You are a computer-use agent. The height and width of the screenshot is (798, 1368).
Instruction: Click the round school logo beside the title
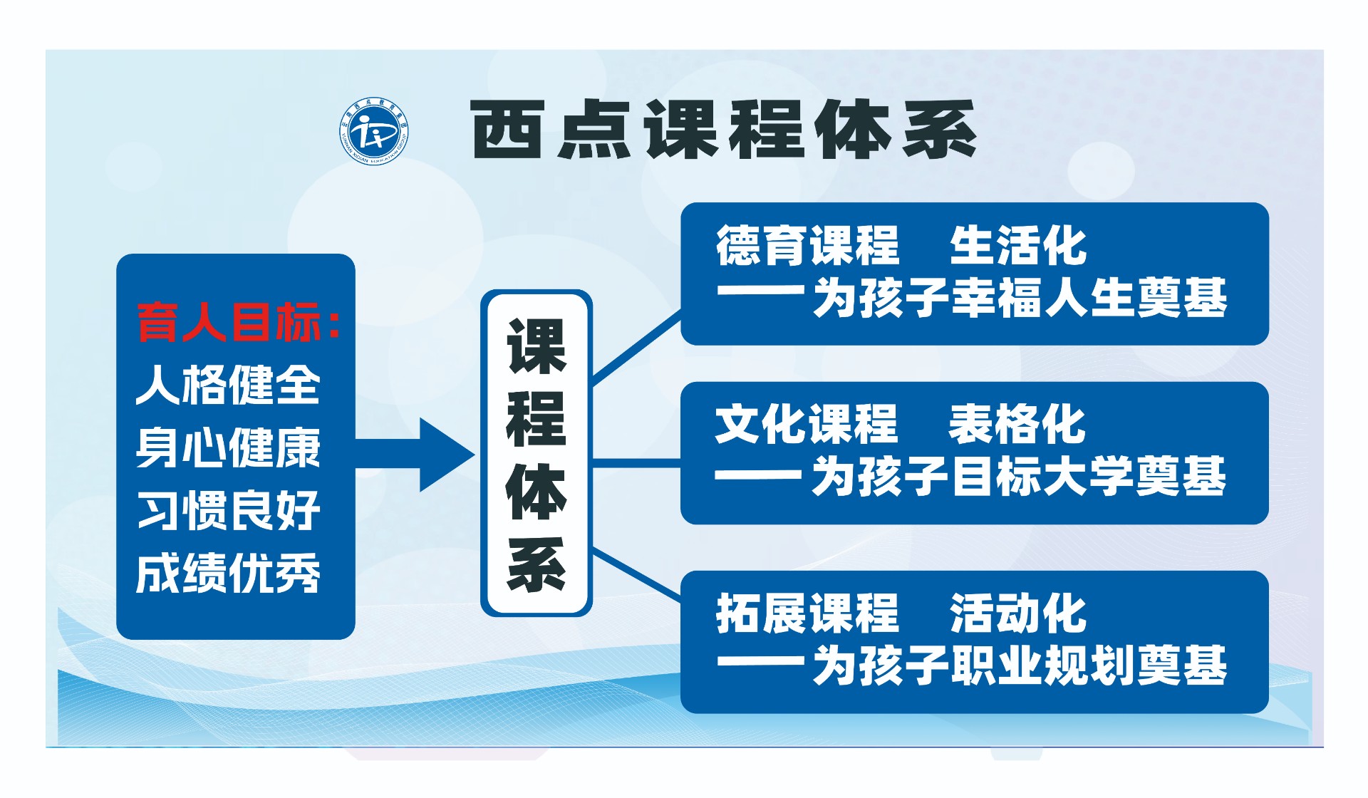(x=374, y=130)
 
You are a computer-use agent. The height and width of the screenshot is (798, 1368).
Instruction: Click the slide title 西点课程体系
(x=723, y=129)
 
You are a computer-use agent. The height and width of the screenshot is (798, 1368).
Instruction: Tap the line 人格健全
(x=229, y=385)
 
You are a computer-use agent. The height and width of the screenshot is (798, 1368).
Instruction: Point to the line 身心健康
(x=229, y=447)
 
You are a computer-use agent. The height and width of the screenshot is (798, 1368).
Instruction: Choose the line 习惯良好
(x=229, y=510)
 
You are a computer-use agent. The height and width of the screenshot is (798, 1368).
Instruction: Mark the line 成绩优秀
(x=229, y=573)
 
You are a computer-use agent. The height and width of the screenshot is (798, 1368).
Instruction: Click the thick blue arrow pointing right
(x=415, y=455)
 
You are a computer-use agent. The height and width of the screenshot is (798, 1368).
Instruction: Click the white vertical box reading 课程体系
(x=537, y=453)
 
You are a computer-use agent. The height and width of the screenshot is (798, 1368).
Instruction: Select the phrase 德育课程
(x=807, y=246)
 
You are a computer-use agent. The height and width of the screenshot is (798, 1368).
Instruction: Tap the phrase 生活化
(x=1019, y=246)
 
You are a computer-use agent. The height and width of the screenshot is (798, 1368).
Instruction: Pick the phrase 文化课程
(x=806, y=424)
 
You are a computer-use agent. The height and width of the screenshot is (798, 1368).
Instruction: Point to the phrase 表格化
(x=1017, y=424)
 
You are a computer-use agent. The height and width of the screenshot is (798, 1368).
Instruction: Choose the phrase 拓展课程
(x=807, y=613)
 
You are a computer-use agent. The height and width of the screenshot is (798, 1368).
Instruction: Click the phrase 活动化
(x=1019, y=613)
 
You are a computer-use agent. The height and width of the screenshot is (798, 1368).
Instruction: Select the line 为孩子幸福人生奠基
(x=1020, y=298)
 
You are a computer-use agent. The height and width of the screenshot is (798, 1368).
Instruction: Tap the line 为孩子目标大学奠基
(x=1019, y=476)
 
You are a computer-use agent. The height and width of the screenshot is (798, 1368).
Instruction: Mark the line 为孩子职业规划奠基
(x=1020, y=665)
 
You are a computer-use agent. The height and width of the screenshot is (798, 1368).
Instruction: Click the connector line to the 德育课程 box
(x=637, y=348)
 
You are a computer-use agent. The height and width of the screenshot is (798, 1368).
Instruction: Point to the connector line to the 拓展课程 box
(x=637, y=574)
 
